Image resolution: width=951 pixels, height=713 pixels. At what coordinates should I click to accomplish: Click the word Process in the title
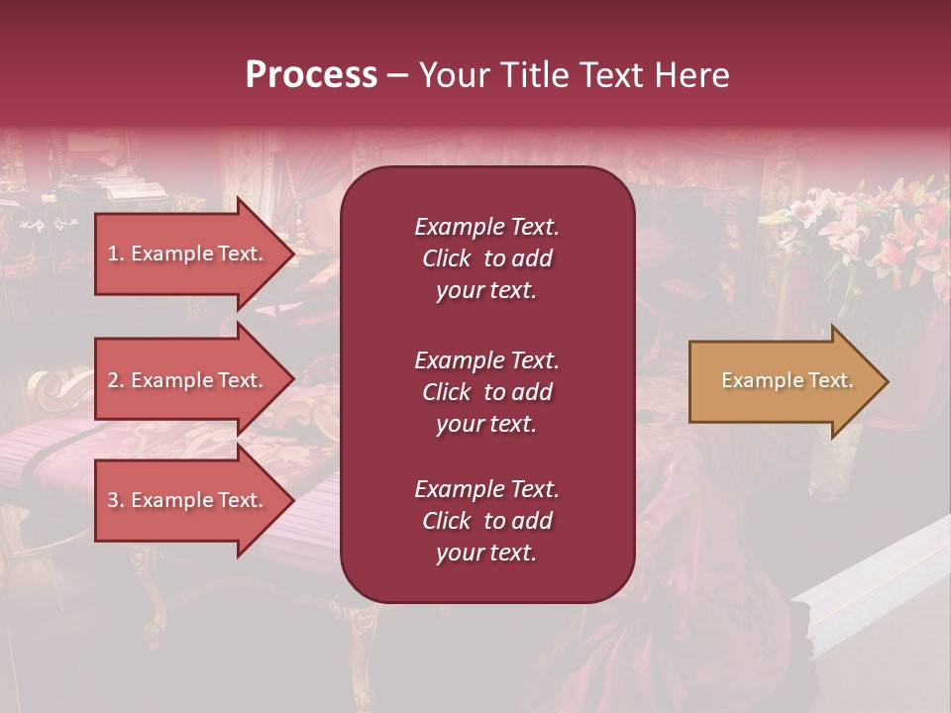click(x=311, y=75)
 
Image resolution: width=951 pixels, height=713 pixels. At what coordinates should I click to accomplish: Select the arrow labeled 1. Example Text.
click(x=188, y=254)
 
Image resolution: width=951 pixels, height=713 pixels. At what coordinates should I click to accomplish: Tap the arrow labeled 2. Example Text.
click(x=188, y=380)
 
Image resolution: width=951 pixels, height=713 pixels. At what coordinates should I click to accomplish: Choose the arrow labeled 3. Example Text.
click(x=188, y=500)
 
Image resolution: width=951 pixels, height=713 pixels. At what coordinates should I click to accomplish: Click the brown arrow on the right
click(x=783, y=380)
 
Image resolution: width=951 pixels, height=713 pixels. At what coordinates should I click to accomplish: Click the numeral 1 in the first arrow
click(x=113, y=254)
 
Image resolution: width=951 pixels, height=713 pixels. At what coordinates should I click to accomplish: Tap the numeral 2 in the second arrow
click(x=113, y=380)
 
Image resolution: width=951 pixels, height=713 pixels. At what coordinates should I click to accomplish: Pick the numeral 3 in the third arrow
click(x=113, y=500)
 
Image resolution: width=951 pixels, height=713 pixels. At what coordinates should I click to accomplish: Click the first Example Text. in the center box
click(x=486, y=227)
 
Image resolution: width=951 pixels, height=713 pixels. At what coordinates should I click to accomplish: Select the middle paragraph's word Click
click(x=447, y=392)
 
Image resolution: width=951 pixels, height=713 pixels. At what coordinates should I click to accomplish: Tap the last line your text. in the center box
click(x=486, y=554)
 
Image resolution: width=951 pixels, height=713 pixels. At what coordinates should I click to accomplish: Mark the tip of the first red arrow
click(x=292, y=254)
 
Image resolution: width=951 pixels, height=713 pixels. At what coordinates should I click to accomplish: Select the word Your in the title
click(x=452, y=75)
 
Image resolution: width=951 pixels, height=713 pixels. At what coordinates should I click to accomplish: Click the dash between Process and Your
click(x=396, y=75)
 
